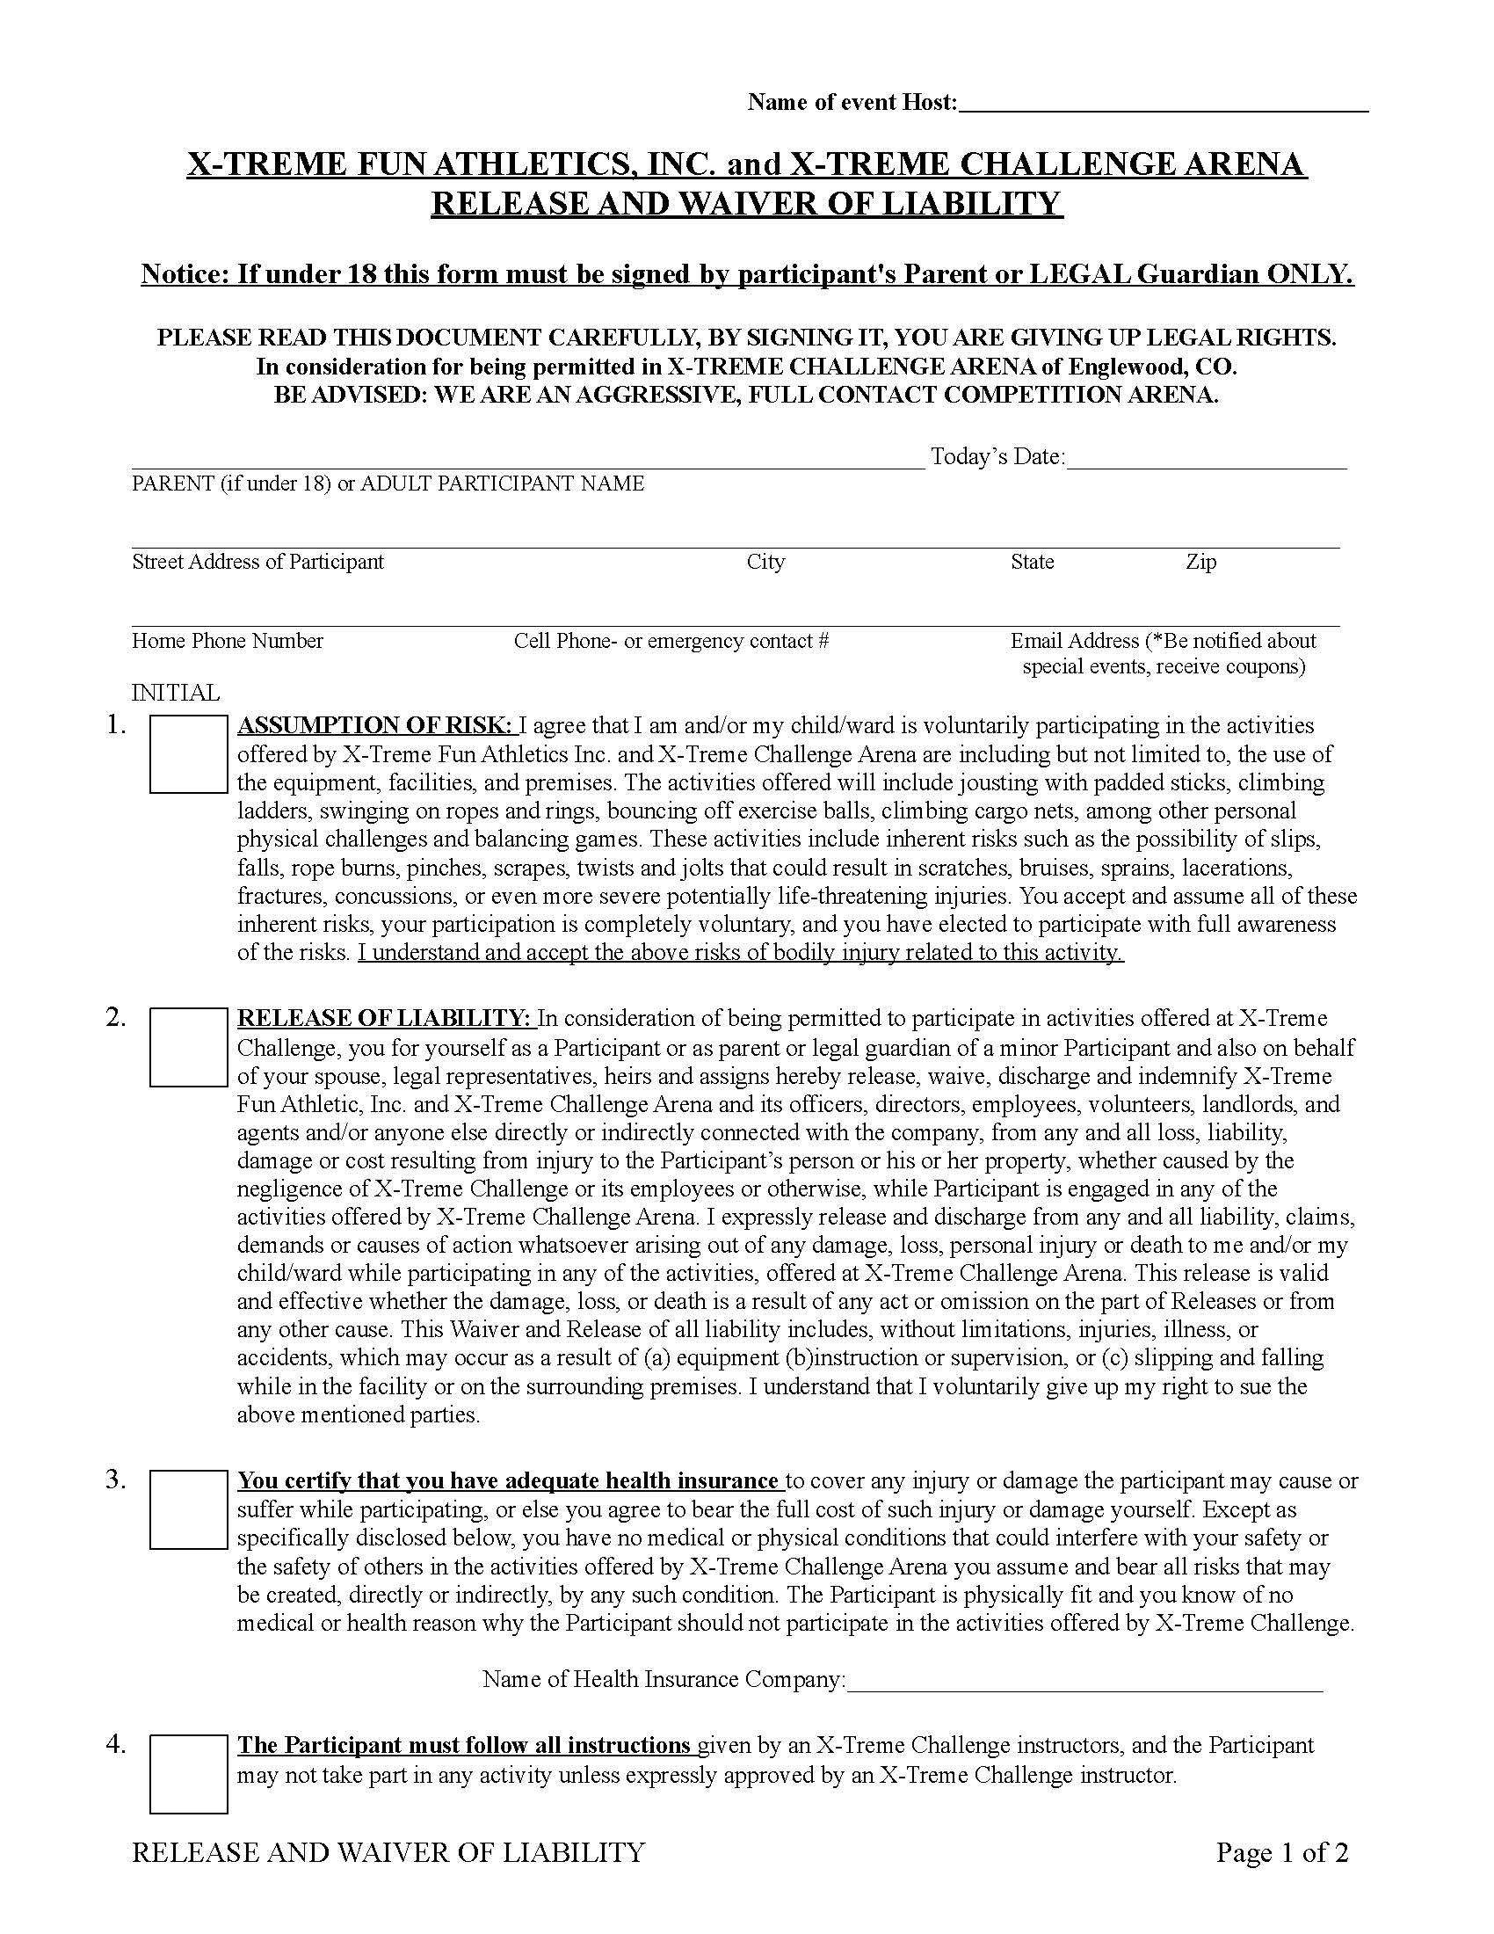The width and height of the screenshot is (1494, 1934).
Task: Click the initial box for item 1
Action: (188, 754)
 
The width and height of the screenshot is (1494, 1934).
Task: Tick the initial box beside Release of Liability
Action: (188, 1047)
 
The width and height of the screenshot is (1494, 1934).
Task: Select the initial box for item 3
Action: (188, 1509)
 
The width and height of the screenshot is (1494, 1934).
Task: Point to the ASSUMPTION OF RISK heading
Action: (374, 726)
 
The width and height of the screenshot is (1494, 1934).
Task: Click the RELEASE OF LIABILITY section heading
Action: (385, 1018)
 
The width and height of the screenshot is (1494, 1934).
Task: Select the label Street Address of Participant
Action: (257, 562)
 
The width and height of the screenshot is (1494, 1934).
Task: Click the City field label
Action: (765, 562)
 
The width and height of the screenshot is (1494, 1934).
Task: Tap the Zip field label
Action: (1200, 562)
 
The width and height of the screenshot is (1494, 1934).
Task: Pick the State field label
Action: (1032, 562)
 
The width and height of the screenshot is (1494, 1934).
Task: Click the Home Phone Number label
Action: (228, 640)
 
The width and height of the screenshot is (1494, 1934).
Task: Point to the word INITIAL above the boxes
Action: (175, 693)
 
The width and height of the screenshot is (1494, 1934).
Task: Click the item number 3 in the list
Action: (116, 1480)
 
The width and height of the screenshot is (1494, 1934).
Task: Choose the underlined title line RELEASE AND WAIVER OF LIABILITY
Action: (746, 204)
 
